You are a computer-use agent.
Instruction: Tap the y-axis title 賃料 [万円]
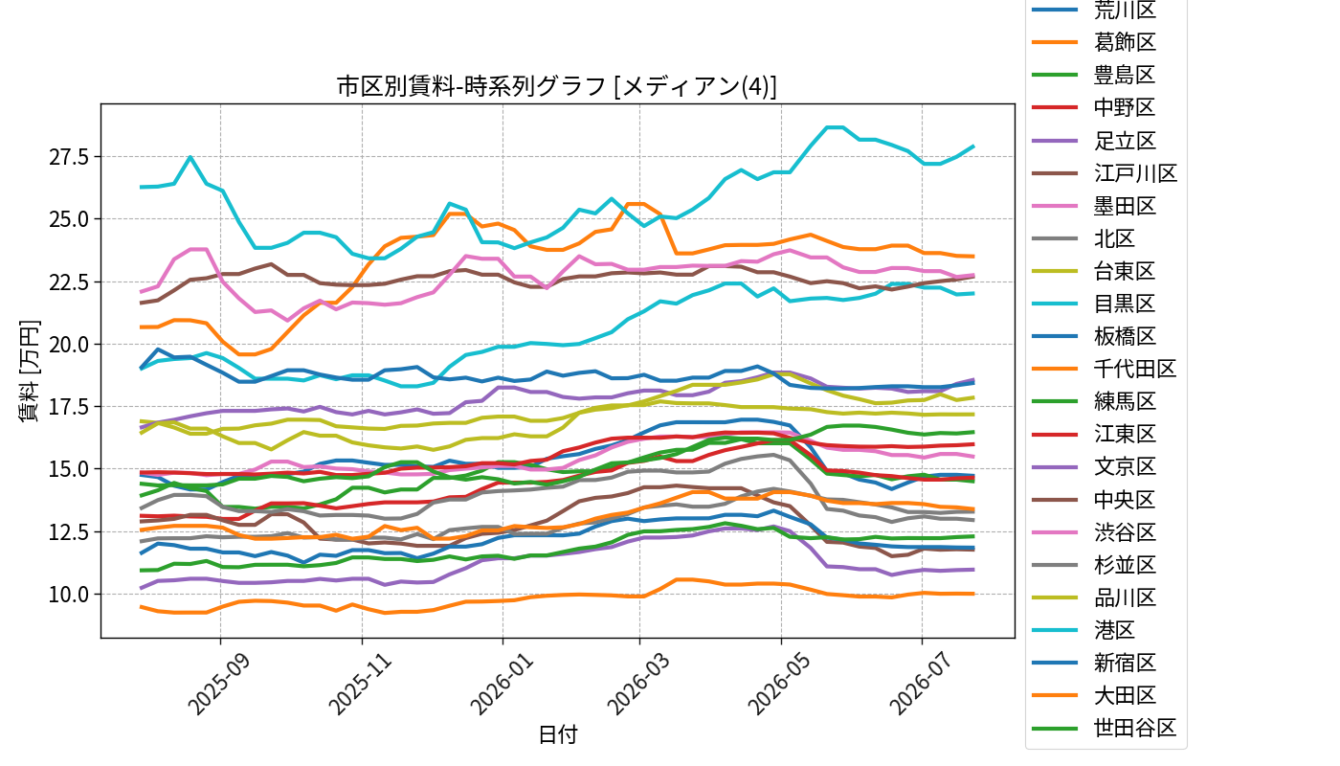29,372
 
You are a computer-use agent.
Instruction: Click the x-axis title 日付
557,734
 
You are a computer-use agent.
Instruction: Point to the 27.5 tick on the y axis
68,157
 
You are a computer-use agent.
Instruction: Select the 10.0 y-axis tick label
68,595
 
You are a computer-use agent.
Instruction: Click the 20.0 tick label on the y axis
68,344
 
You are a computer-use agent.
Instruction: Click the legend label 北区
1114,238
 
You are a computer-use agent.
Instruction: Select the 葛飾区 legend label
1125,42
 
